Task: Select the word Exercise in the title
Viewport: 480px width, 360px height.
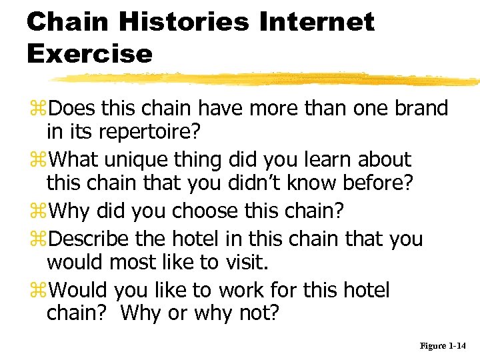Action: pos(89,53)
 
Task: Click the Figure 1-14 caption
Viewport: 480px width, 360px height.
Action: pos(443,346)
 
